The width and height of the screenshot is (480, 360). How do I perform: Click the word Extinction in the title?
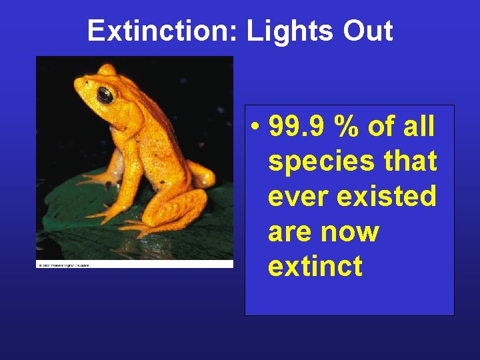pyautogui.click(x=159, y=31)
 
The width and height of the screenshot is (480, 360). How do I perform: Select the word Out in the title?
pyautogui.click(x=369, y=31)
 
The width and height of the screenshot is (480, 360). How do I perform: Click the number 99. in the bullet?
pyautogui.click(x=293, y=127)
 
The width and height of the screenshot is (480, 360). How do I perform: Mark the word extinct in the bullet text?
pyautogui.click(x=315, y=267)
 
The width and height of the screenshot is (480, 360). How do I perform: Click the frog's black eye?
pyautogui.click(x=105, y=95)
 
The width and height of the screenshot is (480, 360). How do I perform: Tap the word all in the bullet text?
pyautogui.click(x=418, y=126)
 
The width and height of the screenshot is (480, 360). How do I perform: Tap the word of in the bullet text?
pyautogui.click(x=381, y=126)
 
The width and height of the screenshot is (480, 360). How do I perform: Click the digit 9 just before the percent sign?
pyautogui.click(x=325, y=127)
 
